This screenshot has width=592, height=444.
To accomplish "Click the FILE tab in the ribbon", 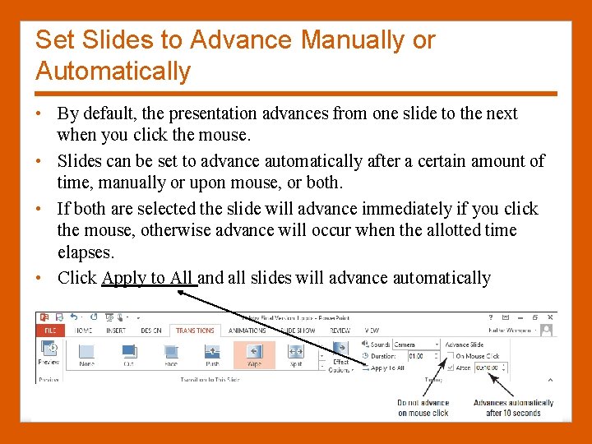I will (x=50, y=331).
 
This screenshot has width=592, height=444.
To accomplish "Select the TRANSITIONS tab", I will (x=195, y=331).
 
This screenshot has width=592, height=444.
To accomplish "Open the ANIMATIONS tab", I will (x=247, y=331).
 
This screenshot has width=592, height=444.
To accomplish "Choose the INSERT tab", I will (x=115, y=331).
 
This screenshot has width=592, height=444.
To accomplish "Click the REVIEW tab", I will (x=340, y=331).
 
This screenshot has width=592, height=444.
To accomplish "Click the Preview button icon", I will (x=49, y=350).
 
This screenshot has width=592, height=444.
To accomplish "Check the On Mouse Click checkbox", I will (x=450, y=356).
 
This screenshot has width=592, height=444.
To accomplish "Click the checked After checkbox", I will (x=450, y=368).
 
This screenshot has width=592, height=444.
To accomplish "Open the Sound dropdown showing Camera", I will (x=415, y=345).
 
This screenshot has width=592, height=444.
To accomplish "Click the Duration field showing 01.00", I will (x=415, y=356).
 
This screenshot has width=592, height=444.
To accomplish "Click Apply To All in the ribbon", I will (x=386, y=368).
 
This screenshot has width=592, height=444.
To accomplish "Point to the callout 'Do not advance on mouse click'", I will (x=423, y=407).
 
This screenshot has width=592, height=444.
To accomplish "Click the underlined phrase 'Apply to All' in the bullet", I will (x=148, y=278).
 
